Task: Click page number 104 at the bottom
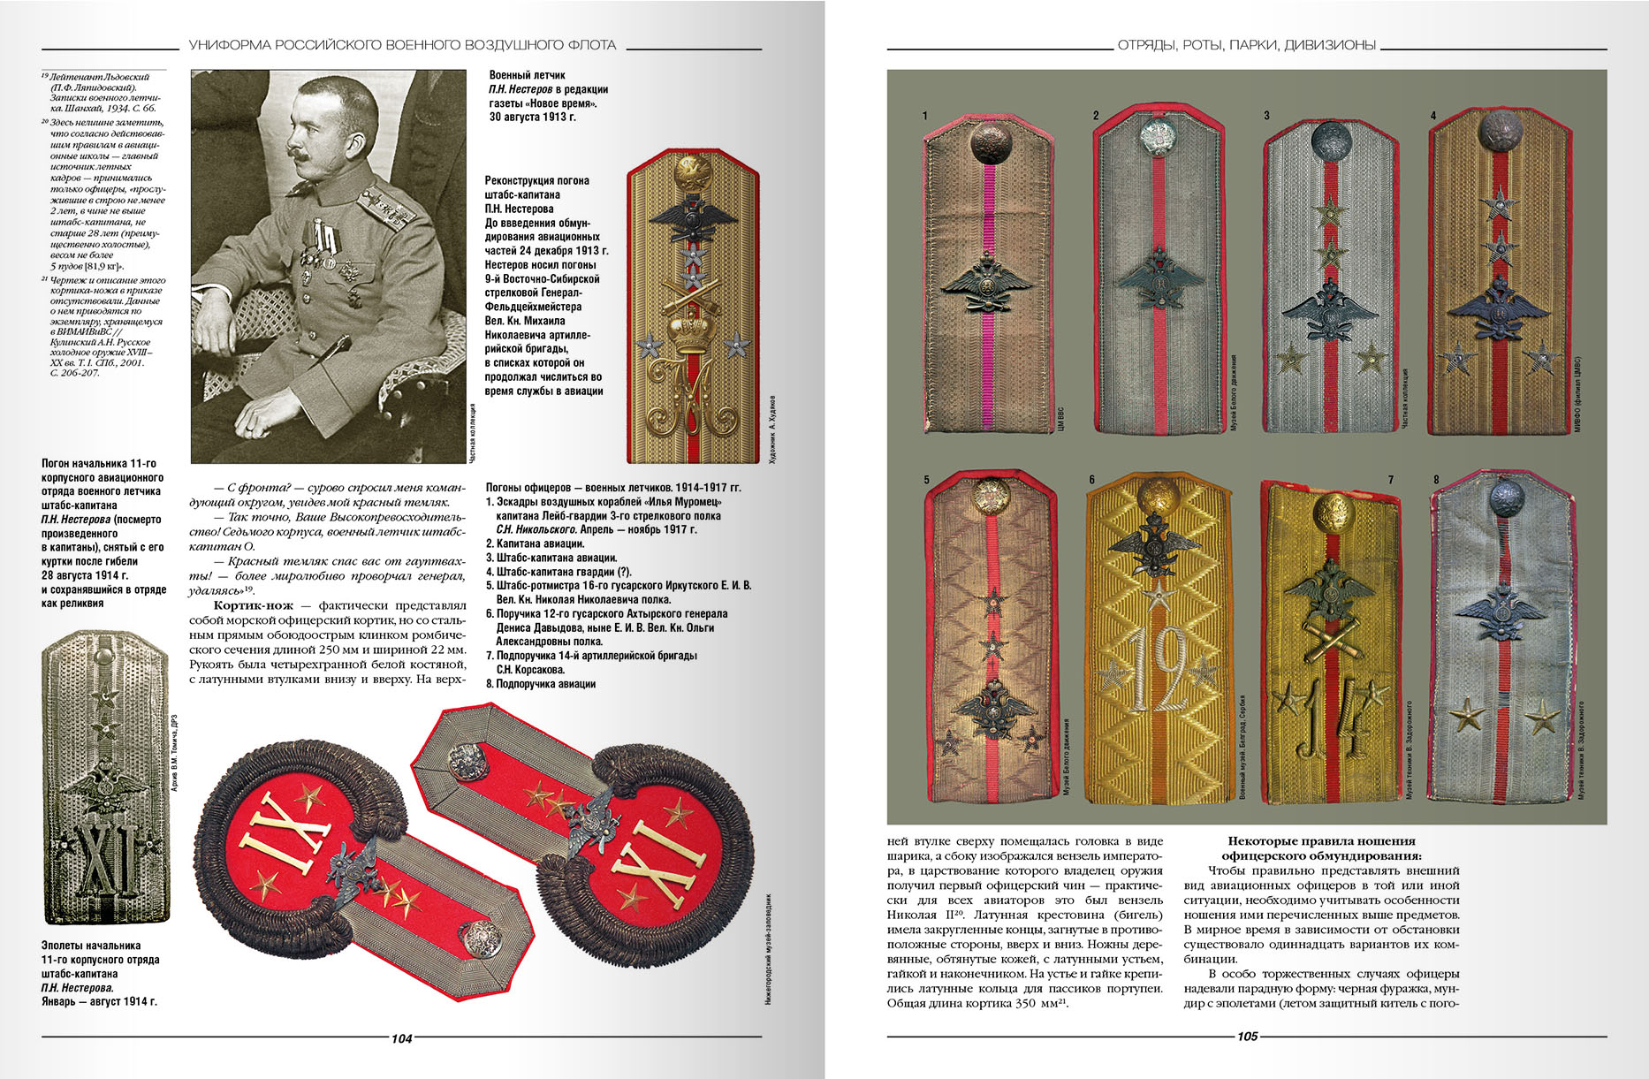401,1038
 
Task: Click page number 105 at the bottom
1247,1037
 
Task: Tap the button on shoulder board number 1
988,141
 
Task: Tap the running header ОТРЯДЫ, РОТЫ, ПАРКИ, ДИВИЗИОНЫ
1246,45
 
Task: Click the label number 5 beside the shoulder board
927,480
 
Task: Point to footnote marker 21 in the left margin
44,278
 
